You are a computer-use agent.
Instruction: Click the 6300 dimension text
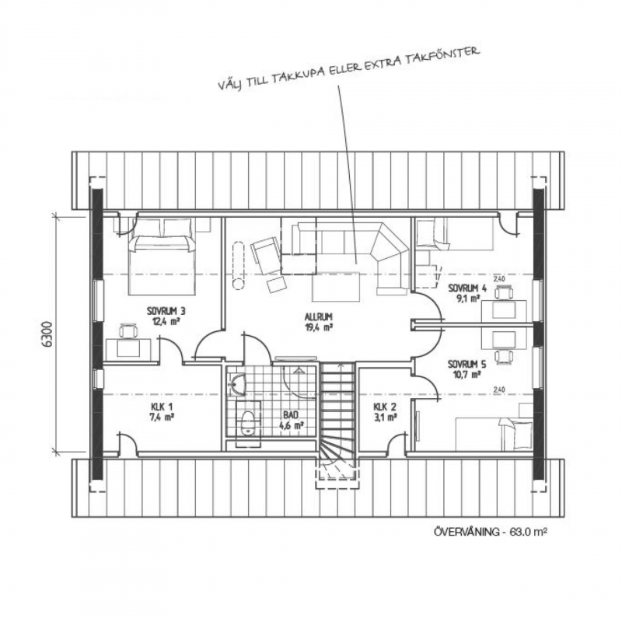tap(47, 334)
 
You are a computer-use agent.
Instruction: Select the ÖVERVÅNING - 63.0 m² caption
tap(491, 532)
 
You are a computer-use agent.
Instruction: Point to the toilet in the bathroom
tap(248, 423)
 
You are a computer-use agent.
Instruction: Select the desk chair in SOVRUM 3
tap(128, 331)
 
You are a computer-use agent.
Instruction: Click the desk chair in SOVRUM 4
tap(503, 293)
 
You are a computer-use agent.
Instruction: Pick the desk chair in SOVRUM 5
tap(503, 355)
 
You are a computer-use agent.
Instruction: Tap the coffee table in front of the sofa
tap(336, 286)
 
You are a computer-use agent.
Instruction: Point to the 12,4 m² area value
tap(166, 320)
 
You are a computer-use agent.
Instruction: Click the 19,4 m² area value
tap(318, 327)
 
